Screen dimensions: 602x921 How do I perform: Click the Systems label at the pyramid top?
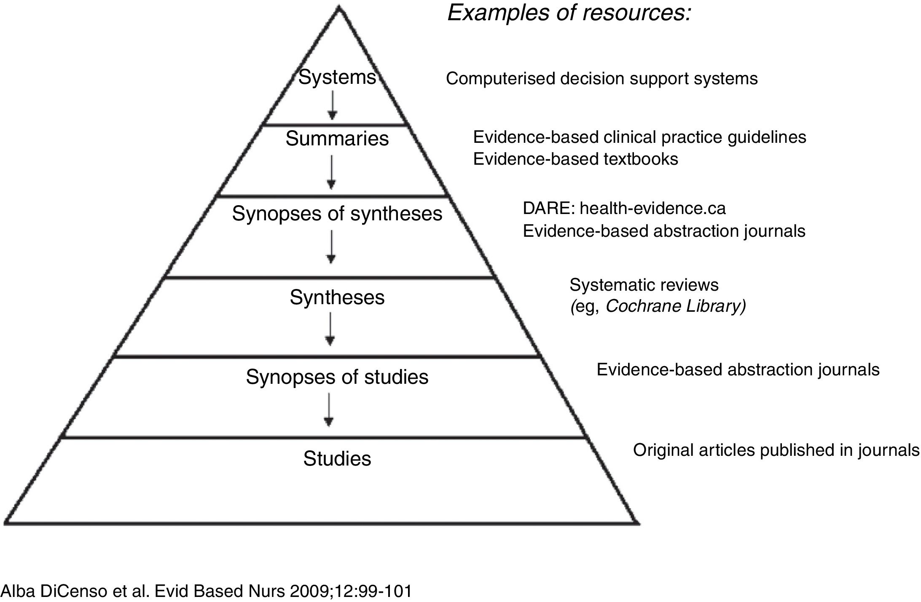pyautogui.click(x=337, y=78)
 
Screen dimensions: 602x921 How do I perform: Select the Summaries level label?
pyautogui.click(x=337, y=139)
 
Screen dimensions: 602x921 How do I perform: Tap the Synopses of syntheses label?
pyautogui.click(x=337, y=214)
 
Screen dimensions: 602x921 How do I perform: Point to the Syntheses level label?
pyautogui.click(x=337, y=297)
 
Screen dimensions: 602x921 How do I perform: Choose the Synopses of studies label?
pyautogui.click(x=337, y=377)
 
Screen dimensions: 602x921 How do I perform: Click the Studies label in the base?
pyautogui.click(x=337, y=458)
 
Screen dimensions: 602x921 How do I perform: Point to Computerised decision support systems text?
pyautogui.click(x=601, y=79)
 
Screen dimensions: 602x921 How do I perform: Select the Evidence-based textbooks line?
pyautogui.click(x=575, y=159)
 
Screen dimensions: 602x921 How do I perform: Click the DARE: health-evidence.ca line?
pyautogui.click(x=624, y=209)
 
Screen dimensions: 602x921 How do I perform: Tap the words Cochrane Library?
pyautogui.click(x=674, y=306)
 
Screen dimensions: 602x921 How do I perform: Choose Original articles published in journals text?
pyautogui.click(x=776, y=450)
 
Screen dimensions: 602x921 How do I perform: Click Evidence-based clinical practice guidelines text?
pyautogui.click(x=639, y=137)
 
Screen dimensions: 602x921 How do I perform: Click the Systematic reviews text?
pyautogui.click(x=644, y=285)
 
